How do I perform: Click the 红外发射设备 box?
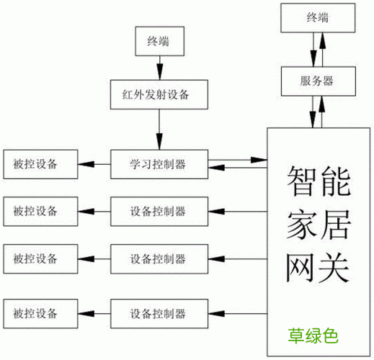coord(159,94)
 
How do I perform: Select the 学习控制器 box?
coord(159,164)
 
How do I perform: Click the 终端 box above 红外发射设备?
coord(159,41)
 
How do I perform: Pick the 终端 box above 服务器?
coord(318,19)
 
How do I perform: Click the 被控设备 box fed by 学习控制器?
coord(40,164)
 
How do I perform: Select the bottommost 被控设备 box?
coord(40,314)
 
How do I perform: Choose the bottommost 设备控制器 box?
coord(159,314)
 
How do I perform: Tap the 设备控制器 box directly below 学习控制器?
coord(159,211)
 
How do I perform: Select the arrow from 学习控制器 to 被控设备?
coord(94,164)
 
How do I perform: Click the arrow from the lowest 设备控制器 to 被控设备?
coord(94,314)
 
